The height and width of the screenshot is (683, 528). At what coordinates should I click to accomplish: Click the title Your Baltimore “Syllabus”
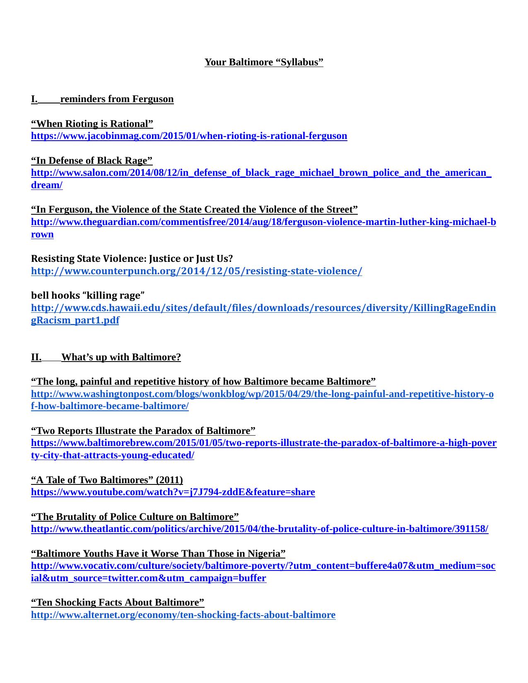264,62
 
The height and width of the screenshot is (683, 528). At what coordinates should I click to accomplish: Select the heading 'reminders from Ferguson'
117,99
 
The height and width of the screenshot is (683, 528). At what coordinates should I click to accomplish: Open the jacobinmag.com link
189,136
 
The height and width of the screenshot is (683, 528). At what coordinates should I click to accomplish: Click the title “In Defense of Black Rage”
92,161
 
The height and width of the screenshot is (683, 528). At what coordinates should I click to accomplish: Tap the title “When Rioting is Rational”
92,124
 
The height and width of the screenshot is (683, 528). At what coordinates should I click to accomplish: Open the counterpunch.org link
196,271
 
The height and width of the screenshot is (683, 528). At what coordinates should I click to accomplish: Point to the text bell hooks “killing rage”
88,295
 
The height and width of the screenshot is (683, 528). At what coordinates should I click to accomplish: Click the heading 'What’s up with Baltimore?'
121,357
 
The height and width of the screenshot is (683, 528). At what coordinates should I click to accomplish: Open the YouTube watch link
173,492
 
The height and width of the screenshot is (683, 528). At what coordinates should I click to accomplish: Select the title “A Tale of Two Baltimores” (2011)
107,480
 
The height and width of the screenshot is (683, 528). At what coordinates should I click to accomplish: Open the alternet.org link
183,615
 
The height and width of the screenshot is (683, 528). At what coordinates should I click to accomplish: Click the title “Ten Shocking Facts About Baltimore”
118,602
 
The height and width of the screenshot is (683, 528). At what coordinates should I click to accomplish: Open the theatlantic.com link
259,529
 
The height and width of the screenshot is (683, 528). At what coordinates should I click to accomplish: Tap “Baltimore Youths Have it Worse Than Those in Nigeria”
158,554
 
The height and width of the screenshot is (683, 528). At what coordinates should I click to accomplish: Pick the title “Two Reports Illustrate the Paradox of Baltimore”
143,431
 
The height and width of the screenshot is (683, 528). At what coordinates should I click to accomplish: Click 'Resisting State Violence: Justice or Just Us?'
132,259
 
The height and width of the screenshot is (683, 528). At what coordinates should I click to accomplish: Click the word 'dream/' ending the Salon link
46,185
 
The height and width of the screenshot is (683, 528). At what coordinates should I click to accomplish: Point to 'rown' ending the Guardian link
42,234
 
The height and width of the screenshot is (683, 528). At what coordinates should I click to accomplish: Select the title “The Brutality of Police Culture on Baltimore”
135,517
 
